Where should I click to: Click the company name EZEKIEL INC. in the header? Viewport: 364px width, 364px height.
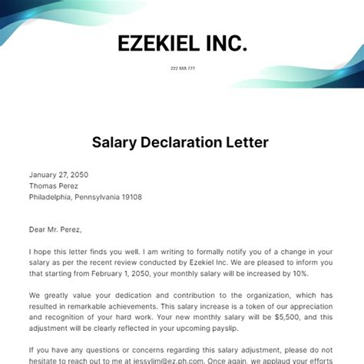pos(182,43)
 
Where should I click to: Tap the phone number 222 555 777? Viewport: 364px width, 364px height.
pos(182,68)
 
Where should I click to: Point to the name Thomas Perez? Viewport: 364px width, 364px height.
pos(55,185)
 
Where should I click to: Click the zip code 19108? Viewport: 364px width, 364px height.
pos(129,197)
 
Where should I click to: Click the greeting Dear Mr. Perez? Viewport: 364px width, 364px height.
pos(55,229)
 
